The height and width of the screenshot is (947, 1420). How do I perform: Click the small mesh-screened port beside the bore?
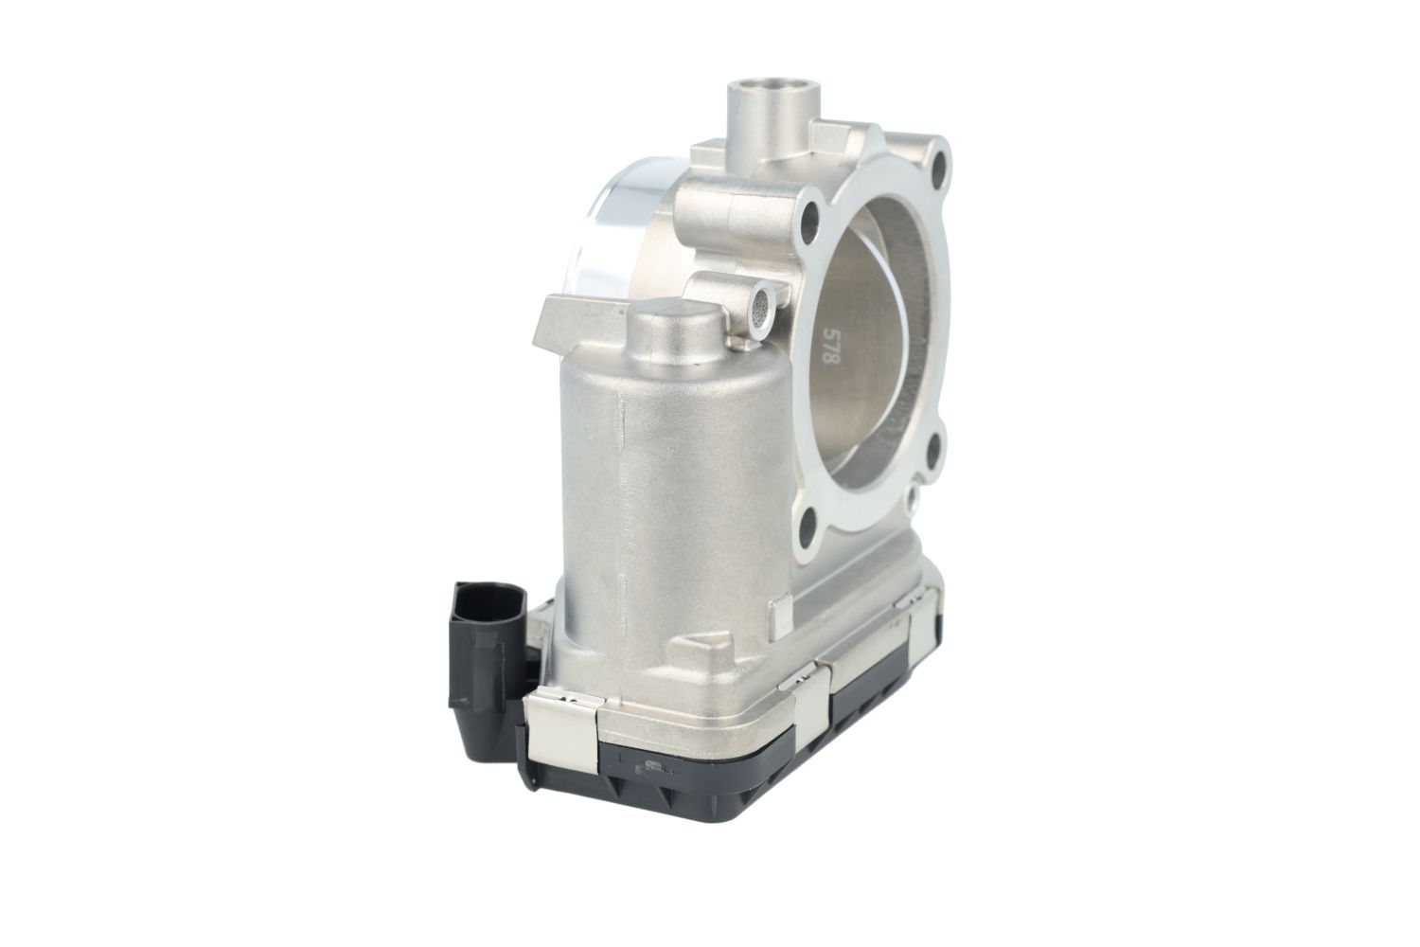[761, 308]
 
